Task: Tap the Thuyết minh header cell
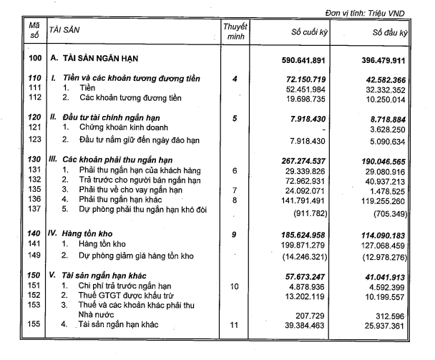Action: (x=234, y=32)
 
